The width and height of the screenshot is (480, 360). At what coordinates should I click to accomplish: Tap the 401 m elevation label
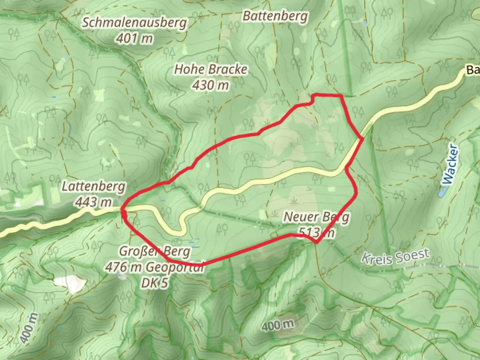tap(134, 39)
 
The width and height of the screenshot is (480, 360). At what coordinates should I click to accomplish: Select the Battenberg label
tap(275, 16)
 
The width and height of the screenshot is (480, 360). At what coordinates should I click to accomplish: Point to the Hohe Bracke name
tap(211, 70)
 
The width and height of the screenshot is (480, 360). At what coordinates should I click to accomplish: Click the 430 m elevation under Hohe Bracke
tap(211, 85)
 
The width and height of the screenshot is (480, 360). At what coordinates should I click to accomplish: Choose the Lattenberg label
tap(94, 187)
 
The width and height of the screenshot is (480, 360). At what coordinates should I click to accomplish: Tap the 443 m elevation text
tap(94, 202)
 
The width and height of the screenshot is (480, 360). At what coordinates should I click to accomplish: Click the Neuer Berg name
tap(316, 217)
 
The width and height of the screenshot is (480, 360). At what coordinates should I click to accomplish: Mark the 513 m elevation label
tap(316, 232)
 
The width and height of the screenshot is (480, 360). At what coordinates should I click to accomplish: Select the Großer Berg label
tap(155, 251)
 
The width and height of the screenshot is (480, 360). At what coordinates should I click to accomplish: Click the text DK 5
tap(155, 283)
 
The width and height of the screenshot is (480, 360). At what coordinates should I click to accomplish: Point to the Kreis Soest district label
tap(395, 257)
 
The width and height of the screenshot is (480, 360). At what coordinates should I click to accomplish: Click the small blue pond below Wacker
tap(442, 193)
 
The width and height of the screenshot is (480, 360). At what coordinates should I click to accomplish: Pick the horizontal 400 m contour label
tap(278, 325)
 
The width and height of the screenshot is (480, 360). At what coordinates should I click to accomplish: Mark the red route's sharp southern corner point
tap(316, 242)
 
